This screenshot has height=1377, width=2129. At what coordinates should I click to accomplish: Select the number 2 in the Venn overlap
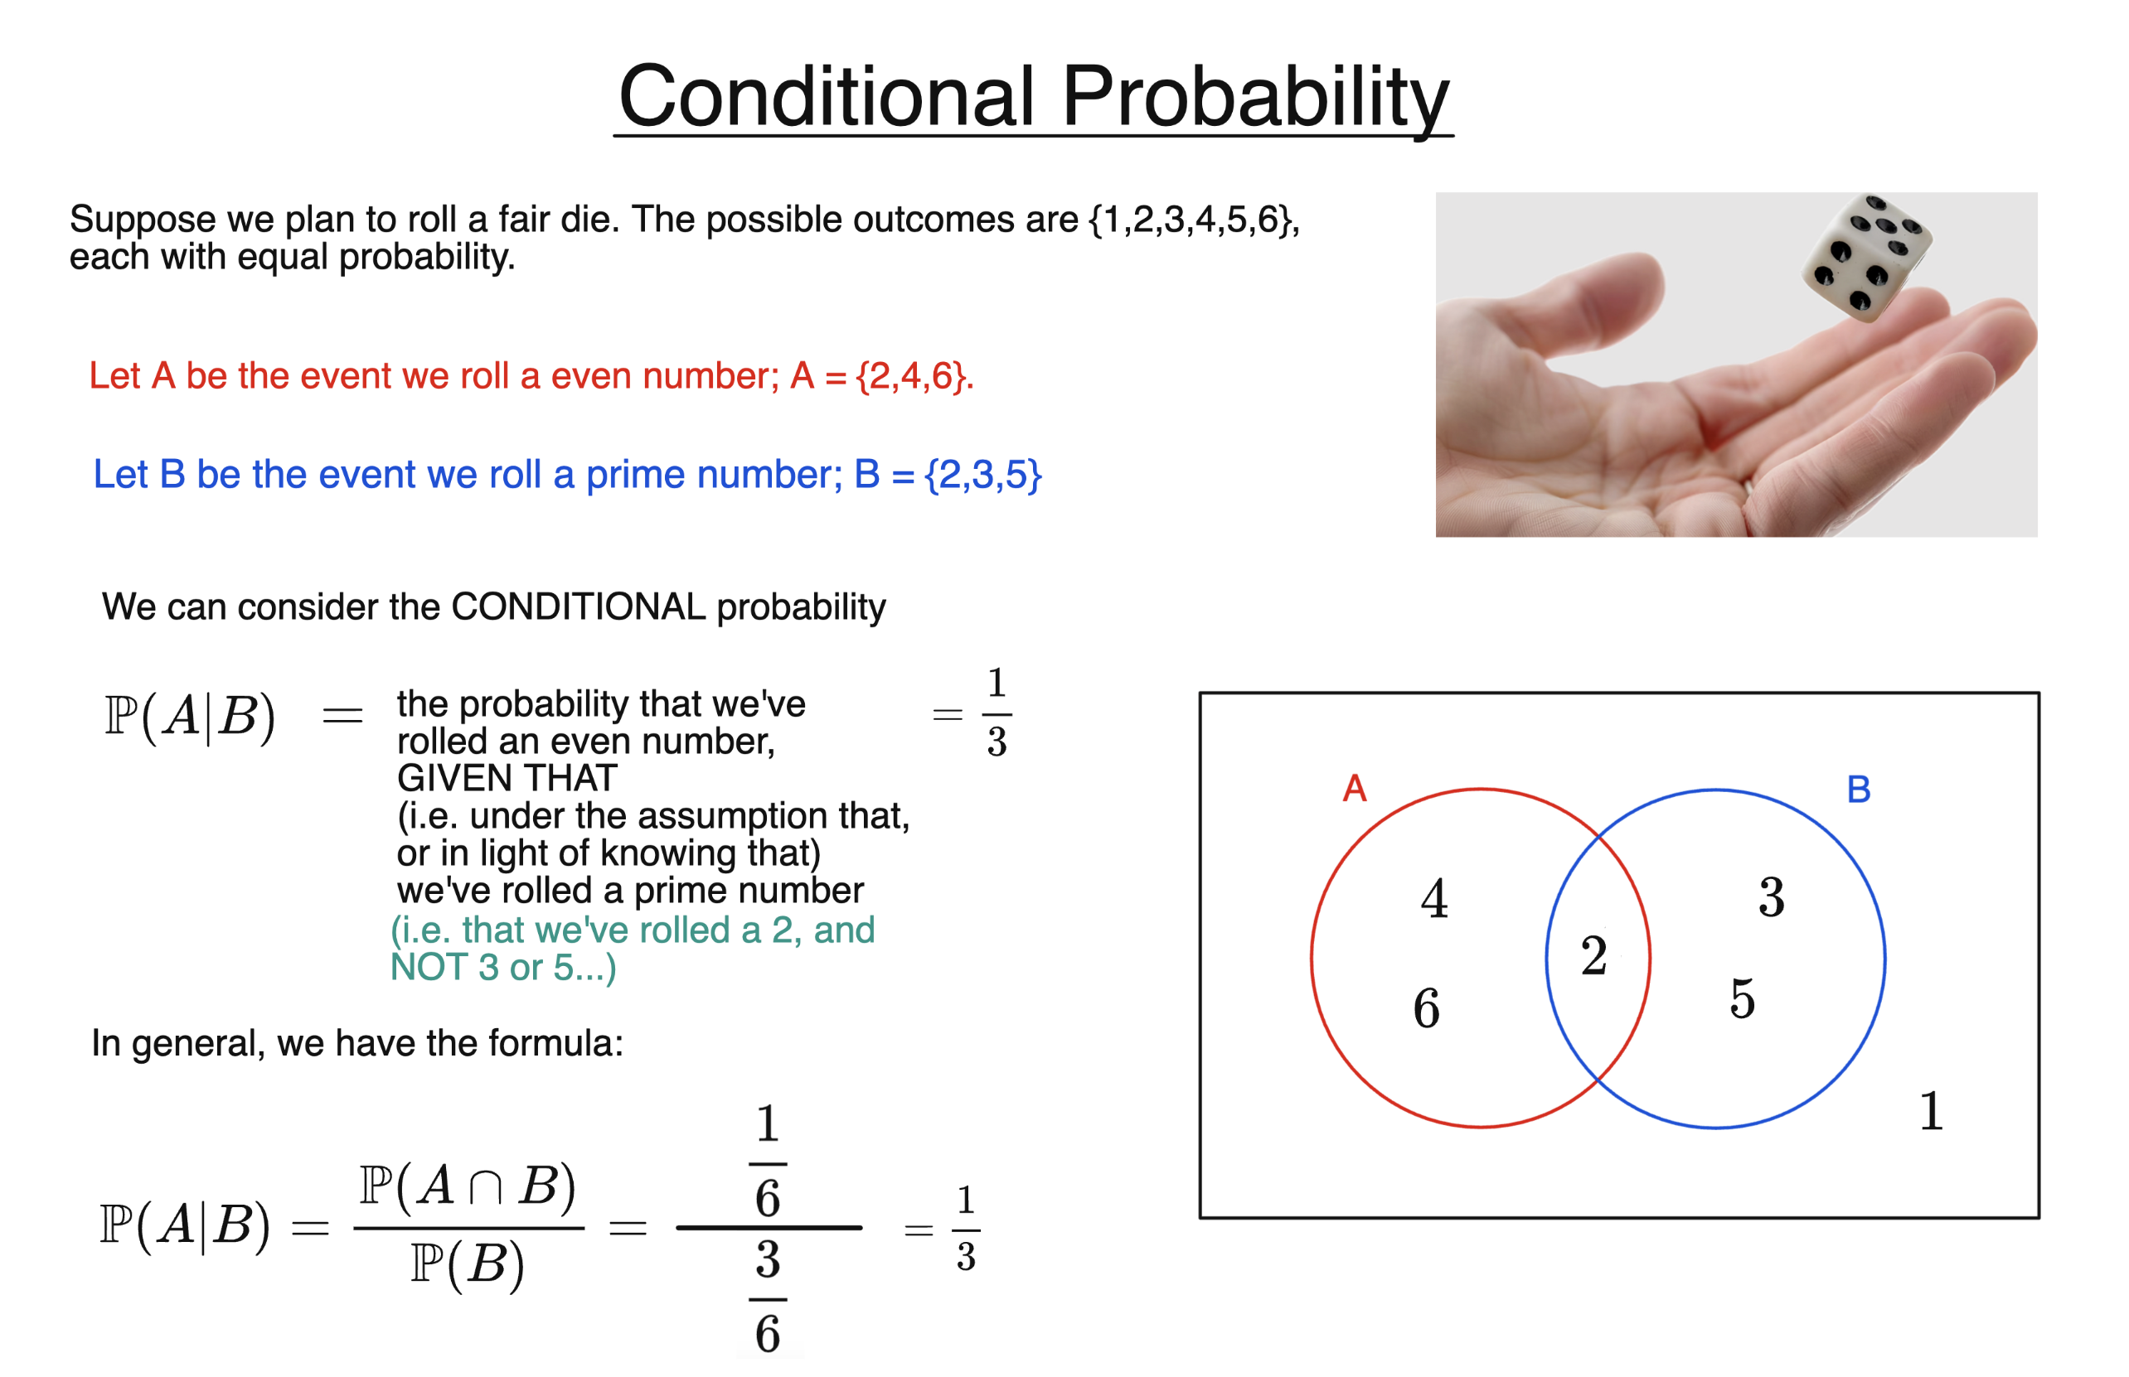point(1594,957)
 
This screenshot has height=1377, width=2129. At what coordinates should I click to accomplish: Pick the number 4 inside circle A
point(1434,900)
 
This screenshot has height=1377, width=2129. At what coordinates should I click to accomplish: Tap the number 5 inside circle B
point(1742,998)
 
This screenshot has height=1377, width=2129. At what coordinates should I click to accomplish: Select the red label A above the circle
point(1355,789)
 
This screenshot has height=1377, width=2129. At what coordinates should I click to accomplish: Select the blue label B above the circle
point(1858,790)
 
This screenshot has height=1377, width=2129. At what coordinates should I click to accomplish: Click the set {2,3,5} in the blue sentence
point(982,475)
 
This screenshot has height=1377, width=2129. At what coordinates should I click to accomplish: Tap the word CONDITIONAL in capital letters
point(578,607)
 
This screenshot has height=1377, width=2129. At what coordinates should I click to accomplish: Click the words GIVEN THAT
point(507,779)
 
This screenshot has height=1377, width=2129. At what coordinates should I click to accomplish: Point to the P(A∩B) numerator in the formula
point(467,1187)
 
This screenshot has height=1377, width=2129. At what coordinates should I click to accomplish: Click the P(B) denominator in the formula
point(467,1266)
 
